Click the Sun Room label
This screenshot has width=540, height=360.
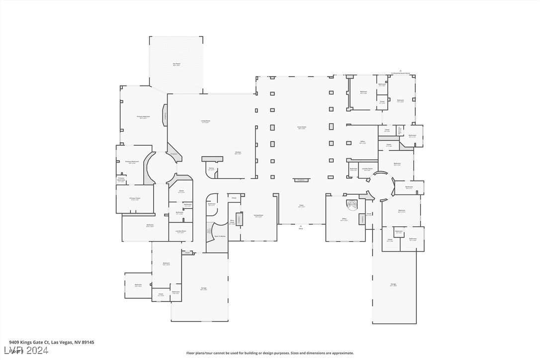coord(176,64)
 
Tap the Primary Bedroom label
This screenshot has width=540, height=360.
coord(143,117)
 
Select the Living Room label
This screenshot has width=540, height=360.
coord(205,121)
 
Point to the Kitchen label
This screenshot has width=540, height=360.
coord(238,153)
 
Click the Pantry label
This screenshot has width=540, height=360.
coord(211,169)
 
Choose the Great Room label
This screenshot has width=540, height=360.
coord(302,127)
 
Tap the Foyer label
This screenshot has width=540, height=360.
coord(301,206)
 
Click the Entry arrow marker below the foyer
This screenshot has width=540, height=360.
coord(301,227)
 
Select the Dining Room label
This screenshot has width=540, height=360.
coord(258,216)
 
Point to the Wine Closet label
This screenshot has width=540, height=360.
coord(232,222)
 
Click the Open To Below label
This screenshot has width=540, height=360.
coord(220,236)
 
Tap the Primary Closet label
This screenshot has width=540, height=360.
coord(135,199)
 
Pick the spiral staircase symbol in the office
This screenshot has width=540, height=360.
coord(352,204)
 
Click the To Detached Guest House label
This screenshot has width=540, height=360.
coord(401,73)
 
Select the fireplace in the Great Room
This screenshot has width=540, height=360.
coord(300,180)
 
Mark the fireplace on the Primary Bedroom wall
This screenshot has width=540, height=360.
coord(165,116)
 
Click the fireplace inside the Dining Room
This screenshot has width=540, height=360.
coord(239,219)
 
